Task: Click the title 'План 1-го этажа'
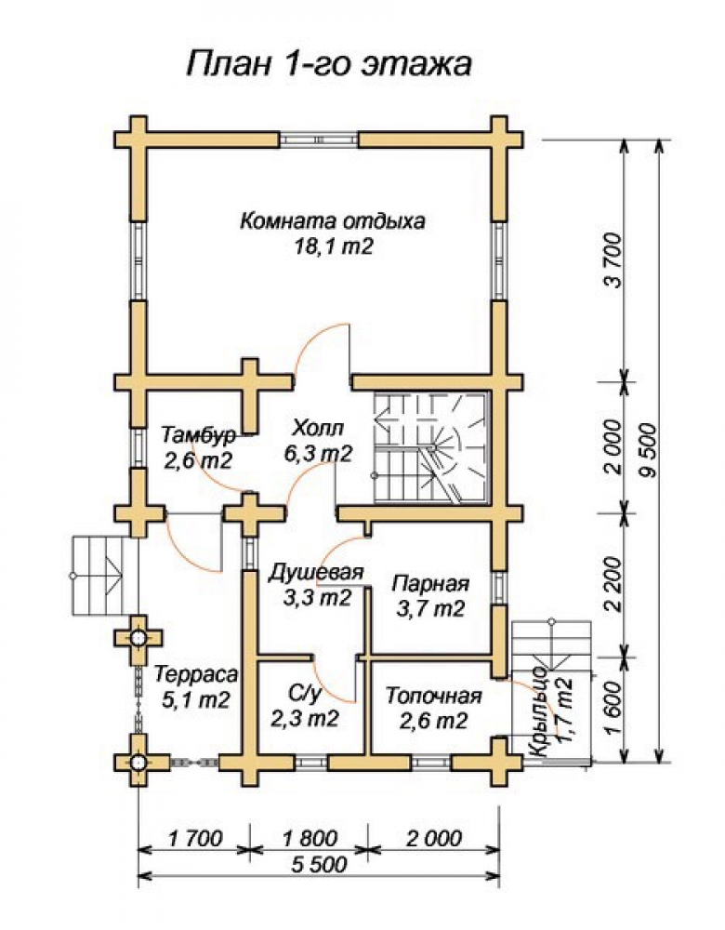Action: [330, 63]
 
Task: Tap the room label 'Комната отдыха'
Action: [333, 221]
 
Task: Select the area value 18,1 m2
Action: [334, 246]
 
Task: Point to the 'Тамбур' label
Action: [198, 434]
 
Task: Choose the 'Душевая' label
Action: [315, 573]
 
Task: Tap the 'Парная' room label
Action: [430, 584]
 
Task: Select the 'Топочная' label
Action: [433, 695]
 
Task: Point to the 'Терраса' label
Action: [196, 674]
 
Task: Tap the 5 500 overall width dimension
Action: [320, 864]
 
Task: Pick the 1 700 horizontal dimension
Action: [195, 838]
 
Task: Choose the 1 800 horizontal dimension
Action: [310, 838]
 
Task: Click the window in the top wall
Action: [319, 140]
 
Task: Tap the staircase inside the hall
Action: [429, 448]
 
